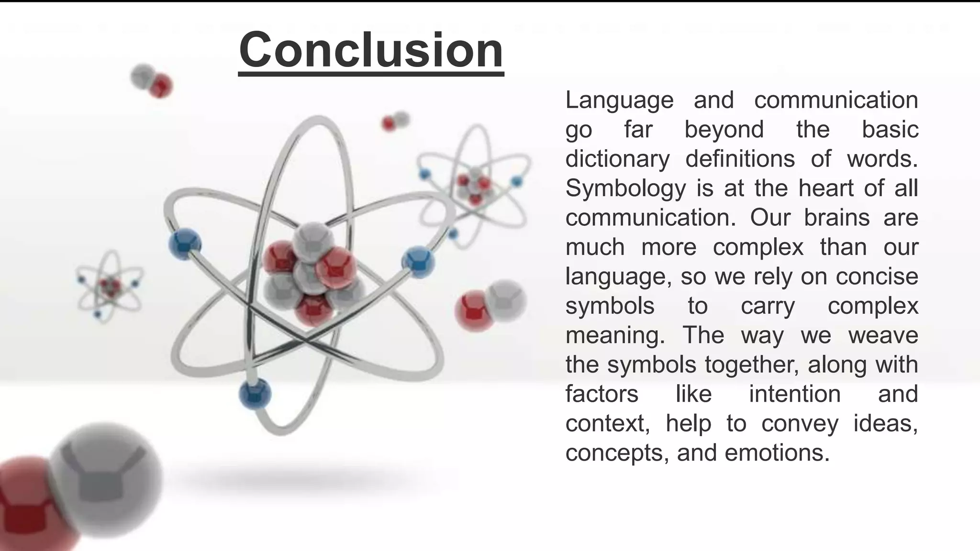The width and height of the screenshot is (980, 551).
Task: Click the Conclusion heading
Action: [371, 50]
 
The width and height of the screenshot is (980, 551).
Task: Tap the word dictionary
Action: [617, 159]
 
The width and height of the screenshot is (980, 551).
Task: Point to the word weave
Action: [883, 335]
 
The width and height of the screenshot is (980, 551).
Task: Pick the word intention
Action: [795, 394]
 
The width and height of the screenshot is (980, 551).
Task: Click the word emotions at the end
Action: [777, 453]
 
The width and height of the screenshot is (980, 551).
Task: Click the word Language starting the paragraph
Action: [619, 100]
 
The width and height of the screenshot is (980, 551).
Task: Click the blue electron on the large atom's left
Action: [185, 244]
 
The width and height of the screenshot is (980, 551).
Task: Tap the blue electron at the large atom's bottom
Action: [255, 394]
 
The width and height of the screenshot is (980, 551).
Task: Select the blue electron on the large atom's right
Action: [418, 262]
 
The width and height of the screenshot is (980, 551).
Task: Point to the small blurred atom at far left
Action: [110, 286]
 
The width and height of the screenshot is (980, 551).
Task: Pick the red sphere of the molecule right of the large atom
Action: [474, 310]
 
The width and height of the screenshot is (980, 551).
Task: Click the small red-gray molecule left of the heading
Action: [151, 80]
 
